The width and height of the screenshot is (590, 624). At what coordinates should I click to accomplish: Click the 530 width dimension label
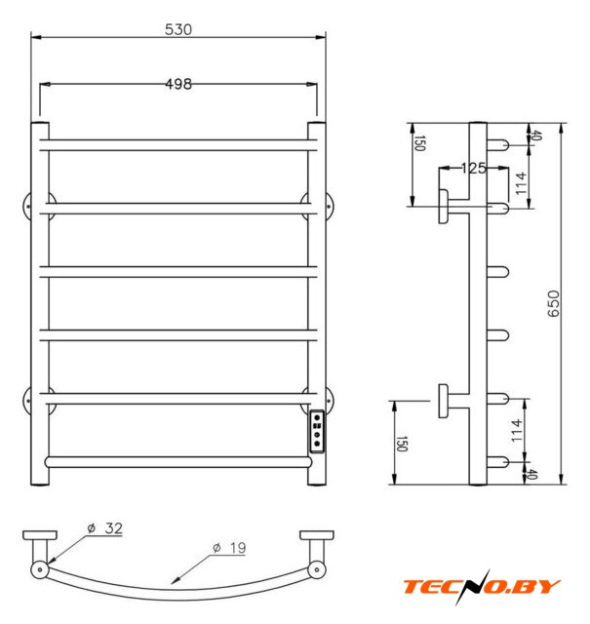pos(177,29)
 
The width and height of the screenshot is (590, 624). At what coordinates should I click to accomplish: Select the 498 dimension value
pos(177,84)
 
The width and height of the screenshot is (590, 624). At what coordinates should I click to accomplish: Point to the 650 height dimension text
pos(553,303)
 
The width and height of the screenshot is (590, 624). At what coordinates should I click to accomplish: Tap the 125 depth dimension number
pos(474,169)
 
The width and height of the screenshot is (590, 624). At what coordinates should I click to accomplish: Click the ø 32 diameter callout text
pos(105,528)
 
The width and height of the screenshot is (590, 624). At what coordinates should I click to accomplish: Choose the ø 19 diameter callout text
pos(229,548)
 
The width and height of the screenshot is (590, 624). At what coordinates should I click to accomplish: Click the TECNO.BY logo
pos(482,587)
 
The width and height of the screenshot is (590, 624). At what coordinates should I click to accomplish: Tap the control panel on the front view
pos(317,431)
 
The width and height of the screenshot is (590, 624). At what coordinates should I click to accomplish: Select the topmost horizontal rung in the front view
pos(178,145)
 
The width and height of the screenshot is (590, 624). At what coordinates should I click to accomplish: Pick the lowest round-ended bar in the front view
pos(178,462)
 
